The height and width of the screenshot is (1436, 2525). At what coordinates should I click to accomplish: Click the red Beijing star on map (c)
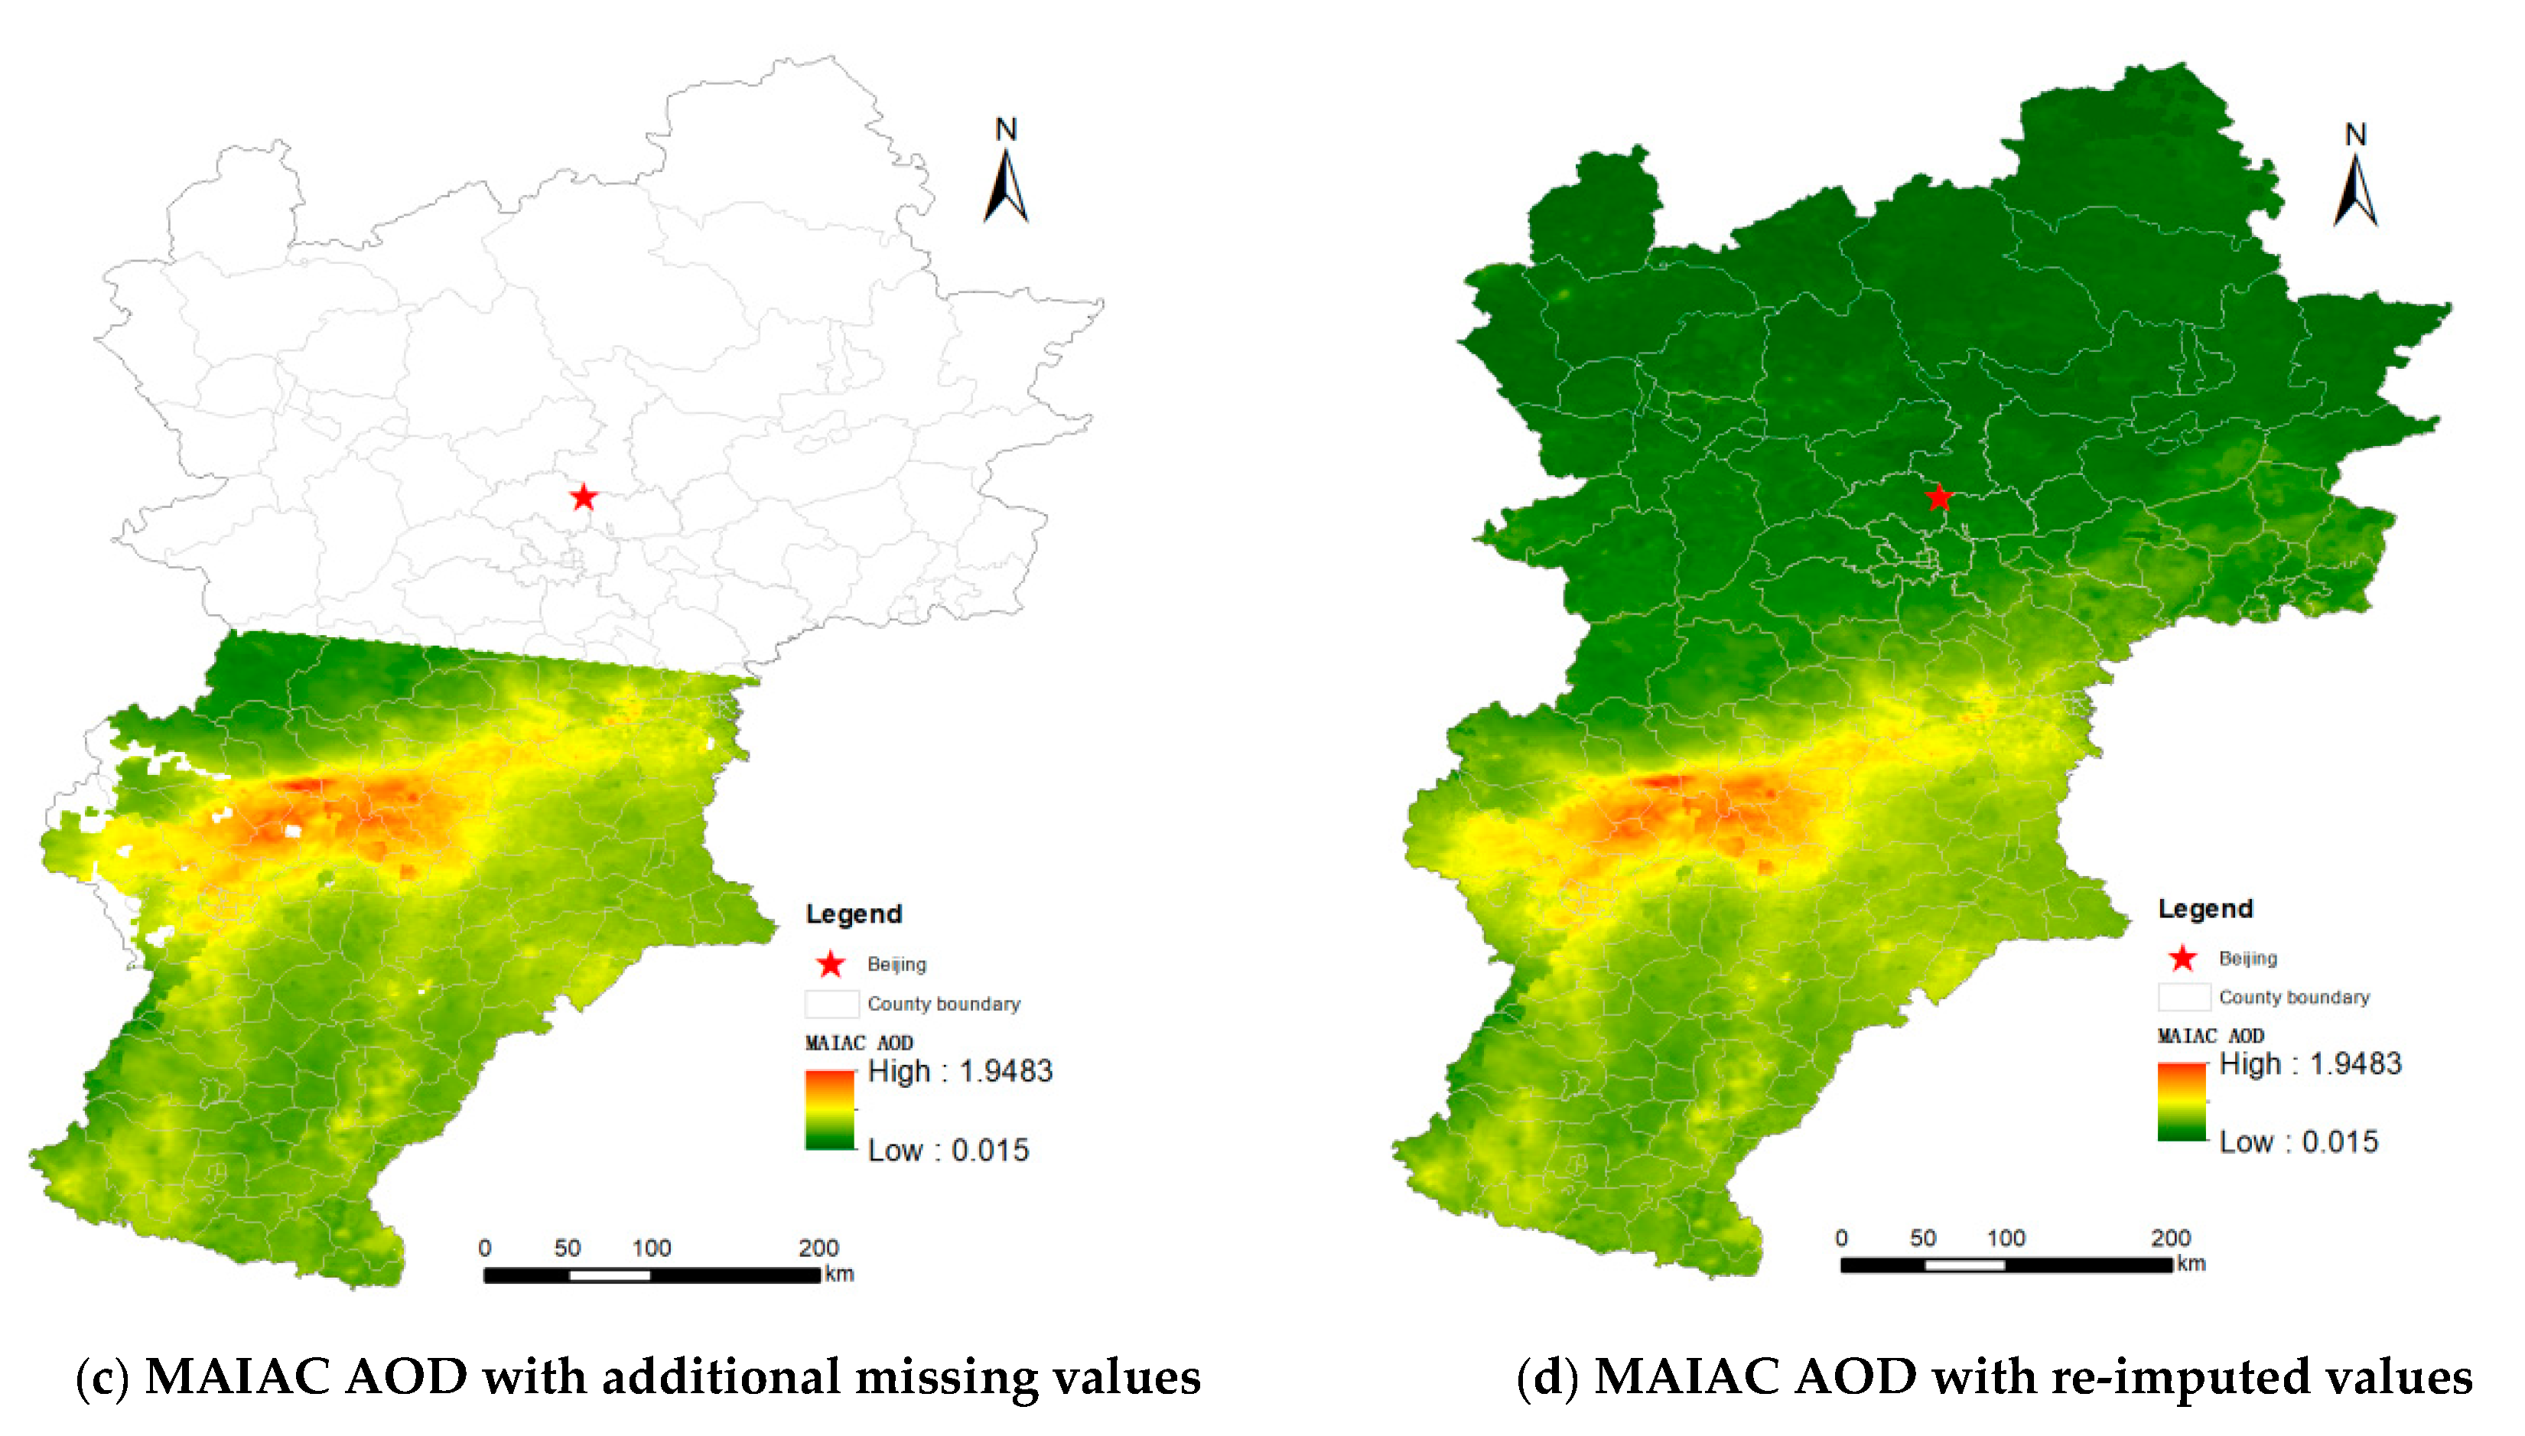(584, 497)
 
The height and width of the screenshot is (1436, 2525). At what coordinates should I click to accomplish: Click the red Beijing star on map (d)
(1938, 497)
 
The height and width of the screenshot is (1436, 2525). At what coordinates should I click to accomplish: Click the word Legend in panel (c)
(853, 913)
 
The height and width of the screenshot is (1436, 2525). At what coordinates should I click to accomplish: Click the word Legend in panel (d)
(2204, 908)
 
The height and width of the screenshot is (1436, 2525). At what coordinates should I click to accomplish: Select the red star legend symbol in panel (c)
(830, 963)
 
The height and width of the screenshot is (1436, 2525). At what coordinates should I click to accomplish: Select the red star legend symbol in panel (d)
(2183, 958)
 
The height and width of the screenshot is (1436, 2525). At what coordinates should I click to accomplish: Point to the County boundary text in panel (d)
(2293, 997)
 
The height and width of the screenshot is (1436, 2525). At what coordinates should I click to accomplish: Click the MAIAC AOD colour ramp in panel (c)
(830, 1109)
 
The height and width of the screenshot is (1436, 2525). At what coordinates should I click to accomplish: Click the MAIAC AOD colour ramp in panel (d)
(2182, 1102)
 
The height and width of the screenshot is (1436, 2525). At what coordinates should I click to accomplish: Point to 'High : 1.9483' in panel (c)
(959, 1071)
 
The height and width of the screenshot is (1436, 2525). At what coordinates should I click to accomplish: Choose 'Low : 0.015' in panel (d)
(2299, 1142)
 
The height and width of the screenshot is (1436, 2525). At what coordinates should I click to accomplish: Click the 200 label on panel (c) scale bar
(818, 1248)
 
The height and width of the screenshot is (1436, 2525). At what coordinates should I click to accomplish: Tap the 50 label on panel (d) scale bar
(1922, 1238)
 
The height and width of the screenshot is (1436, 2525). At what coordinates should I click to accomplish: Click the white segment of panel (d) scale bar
(1964, 1265)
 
